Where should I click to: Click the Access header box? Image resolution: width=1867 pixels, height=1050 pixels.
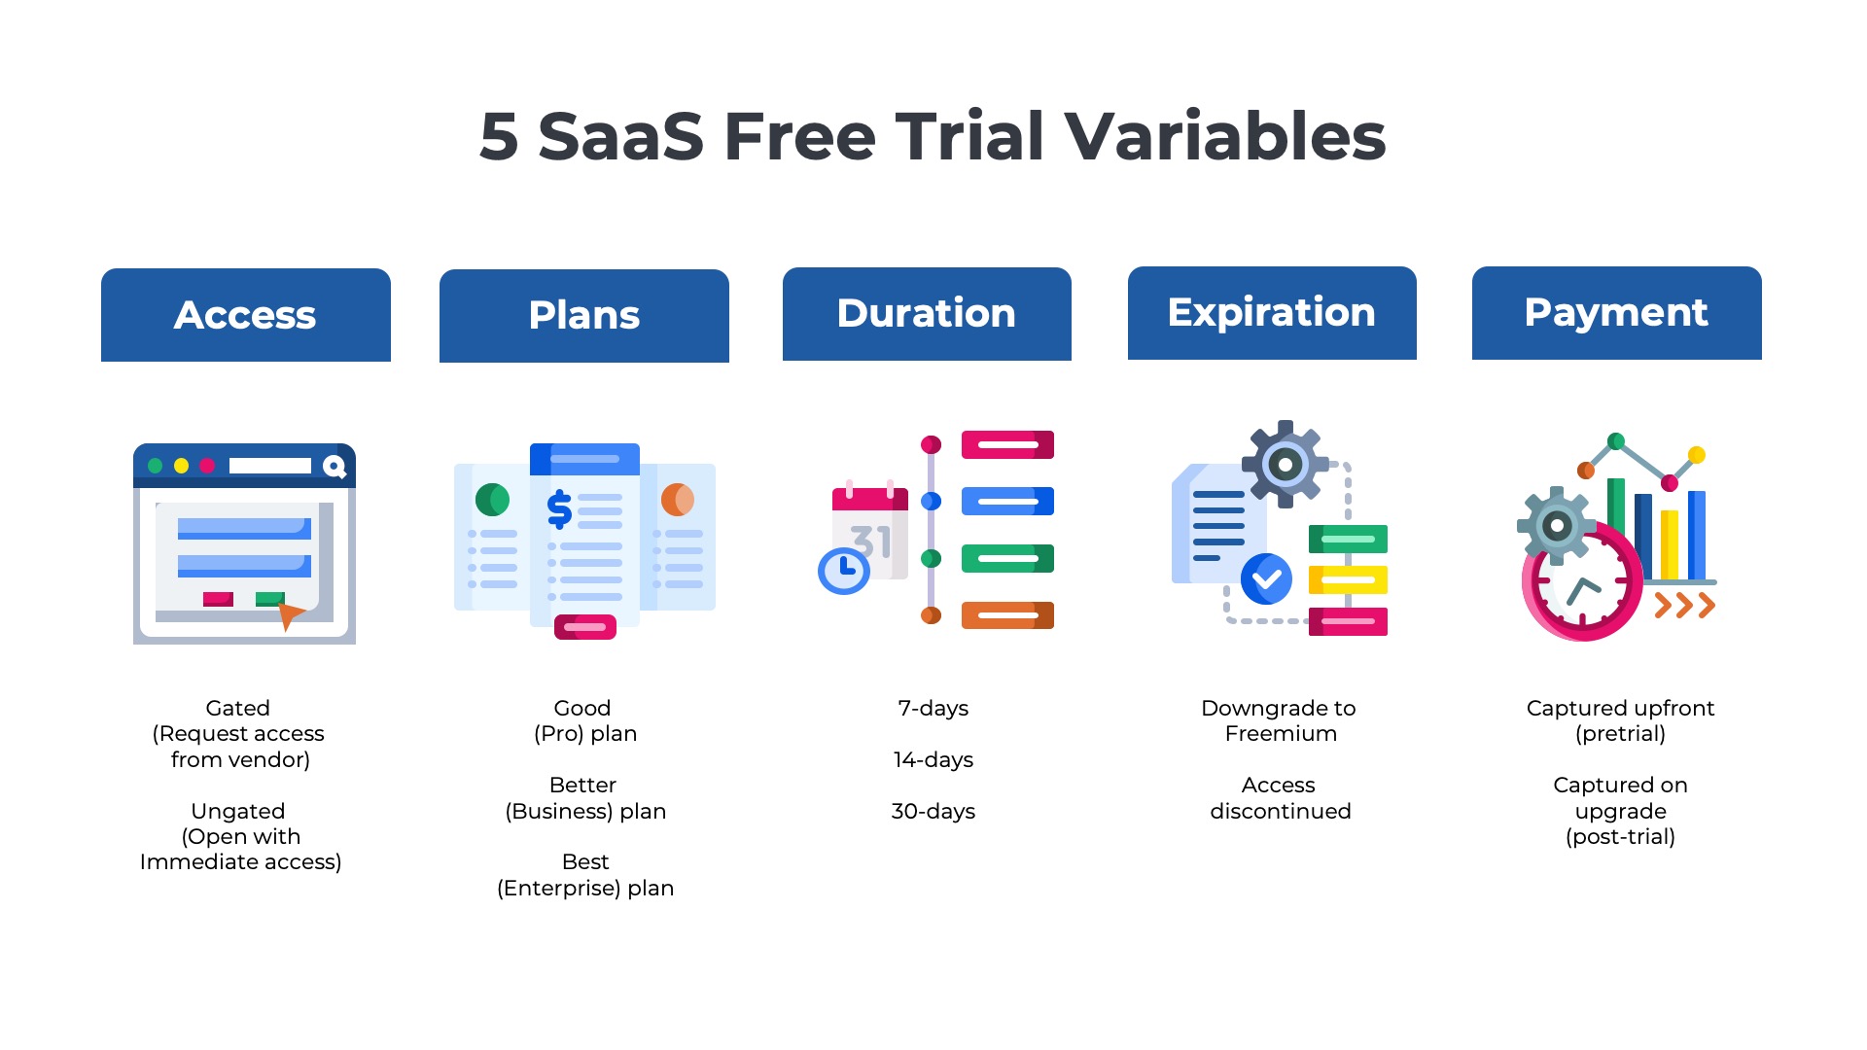(x=246, y=315)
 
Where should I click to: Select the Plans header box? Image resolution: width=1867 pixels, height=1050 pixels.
(x=584, y=316)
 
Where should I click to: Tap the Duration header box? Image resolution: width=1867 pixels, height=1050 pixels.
(x=927, y=314)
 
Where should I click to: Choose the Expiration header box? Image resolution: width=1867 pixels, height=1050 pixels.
(x=1272, y=313)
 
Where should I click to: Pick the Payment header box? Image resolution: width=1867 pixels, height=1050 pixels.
(x=1617, y=313)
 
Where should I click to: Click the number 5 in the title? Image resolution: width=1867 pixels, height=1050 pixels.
(x=499, y=137)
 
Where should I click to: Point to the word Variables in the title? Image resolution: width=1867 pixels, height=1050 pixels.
(x=1225, y=136)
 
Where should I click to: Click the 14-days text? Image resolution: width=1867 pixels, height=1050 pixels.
(x=933, y=759)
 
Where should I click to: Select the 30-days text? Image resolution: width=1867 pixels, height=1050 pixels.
(x=933, y=811)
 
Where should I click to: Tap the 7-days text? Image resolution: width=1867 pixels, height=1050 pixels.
(x=933, y=708)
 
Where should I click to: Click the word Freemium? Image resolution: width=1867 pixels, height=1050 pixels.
(x=1281, y=733)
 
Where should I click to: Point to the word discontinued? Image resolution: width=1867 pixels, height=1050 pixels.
(x=1281, y=811)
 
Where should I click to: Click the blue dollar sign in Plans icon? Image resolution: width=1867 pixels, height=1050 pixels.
(x=559, y=508)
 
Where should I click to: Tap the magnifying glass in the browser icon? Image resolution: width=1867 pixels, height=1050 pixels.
(x=335, y=468)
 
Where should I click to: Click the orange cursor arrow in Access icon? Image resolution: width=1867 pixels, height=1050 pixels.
(x=290, y=614)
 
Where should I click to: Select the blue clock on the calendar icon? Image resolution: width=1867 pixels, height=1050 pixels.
(x=844, y=570)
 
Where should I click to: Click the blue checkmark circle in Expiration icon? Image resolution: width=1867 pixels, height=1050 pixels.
(x=1266, y=579)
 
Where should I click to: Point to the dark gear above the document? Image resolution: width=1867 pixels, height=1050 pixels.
(x=1286, y=465)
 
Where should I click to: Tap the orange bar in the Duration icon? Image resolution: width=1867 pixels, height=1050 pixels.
(x=1007, y=615)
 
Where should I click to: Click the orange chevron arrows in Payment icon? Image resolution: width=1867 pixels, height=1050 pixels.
(x=1685, y=606)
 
